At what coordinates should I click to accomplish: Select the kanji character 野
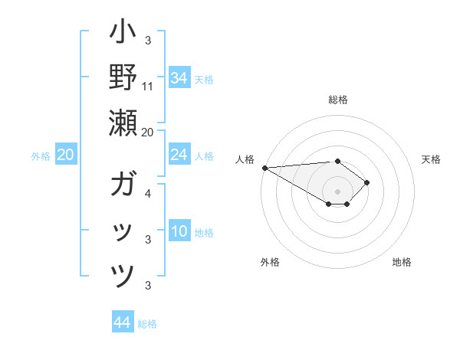[x=123, y=77]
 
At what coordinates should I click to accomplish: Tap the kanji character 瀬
[x=123, y=123]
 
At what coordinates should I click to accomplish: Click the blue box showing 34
[x=179, y=77]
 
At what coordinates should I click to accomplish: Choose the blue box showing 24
[x=179, y=155]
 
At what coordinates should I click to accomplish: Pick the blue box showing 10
[x=179, y=232]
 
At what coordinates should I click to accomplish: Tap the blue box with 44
[x=122, y=322]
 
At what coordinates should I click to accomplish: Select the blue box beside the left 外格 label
[x=65, y=155]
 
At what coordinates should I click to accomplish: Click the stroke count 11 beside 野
[x=148, y=86]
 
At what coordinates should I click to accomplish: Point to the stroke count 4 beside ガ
[x=148, y=194]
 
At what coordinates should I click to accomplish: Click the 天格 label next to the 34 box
[x=204, y=80]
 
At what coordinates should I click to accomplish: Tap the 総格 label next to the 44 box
[x=147, y=325]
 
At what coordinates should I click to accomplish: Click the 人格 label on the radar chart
[x=245, y=159]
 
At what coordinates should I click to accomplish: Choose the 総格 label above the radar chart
[x=337, y=100]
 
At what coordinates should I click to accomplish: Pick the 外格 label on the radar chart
[x=270, y=262]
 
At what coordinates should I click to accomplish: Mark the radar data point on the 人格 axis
[x=264, y=168]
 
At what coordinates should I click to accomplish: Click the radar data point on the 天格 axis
[x=368, y=182]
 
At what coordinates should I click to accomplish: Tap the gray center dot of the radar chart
[x=337, y=191]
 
